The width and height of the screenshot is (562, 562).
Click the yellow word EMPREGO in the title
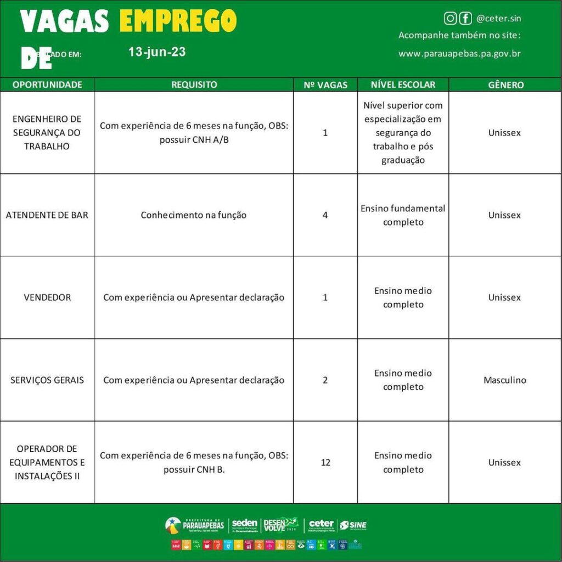(178, 21)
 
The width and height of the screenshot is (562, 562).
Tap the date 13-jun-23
(157, 52)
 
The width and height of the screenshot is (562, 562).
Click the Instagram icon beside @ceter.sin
(450, 19)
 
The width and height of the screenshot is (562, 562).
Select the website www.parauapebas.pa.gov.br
(459, 54)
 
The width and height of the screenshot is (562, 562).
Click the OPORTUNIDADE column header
(47, 85)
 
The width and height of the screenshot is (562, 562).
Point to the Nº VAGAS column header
(325, 85)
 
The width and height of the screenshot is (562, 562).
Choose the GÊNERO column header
(505, 85)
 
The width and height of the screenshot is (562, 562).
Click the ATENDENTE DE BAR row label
(47, 215)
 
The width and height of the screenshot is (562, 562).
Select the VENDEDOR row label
(47, 297)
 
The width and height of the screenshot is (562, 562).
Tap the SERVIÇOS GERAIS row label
(47, 380)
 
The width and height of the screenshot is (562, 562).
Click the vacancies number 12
(325, 462)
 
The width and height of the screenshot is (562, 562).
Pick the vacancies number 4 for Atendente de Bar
(325, 215)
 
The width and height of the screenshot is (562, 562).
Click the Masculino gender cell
(505, 380)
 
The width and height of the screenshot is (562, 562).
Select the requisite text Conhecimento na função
(194, 215)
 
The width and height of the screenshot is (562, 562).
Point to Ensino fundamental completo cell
(403, 215)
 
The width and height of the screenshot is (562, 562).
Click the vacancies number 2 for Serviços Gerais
(325, 380)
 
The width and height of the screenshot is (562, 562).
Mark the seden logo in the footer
(245, 525)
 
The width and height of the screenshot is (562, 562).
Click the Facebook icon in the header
(465, 19)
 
